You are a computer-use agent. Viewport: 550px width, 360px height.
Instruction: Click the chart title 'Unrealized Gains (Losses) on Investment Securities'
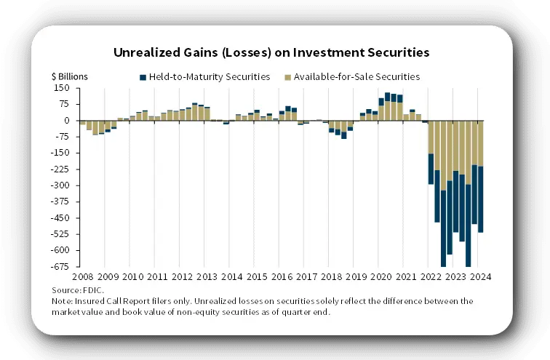click(271, 52)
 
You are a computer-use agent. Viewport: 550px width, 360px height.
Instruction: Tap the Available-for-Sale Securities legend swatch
click(288, 76)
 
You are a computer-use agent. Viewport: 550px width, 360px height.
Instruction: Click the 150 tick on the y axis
click(62, 88)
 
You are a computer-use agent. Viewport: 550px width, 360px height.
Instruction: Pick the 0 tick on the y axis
click(67, 121)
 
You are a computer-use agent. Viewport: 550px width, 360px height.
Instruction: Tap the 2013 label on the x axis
click(207, 277)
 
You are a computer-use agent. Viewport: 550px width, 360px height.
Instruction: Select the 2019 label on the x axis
click(356, 277)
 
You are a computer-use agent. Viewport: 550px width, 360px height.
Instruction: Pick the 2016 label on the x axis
click(282, 277)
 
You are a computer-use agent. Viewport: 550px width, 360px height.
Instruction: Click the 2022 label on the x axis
click(431, 277)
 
